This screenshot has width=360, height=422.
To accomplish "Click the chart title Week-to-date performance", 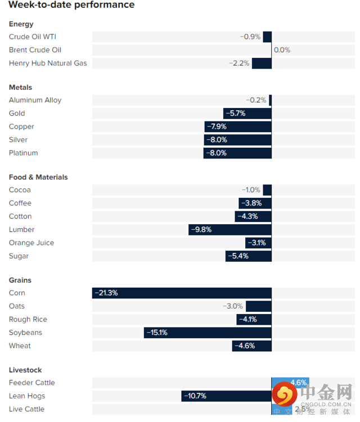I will click(71, 5).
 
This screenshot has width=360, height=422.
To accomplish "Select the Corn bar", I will click(182, 293).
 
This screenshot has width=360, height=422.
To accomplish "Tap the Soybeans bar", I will click(208, 333).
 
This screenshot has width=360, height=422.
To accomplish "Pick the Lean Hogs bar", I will click(226, 396).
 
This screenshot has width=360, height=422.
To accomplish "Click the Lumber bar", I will click(229, 229).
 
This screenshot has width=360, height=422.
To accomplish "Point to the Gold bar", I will click(247, 113).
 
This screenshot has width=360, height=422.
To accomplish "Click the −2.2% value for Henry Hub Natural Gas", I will click(239, 63).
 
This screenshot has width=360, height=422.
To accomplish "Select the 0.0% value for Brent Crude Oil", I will click(282, 50).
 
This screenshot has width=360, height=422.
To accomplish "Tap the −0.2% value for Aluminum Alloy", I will click(256, 100).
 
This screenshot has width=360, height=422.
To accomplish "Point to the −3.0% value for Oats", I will click(233, 306).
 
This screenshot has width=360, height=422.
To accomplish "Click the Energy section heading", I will click(21, 24).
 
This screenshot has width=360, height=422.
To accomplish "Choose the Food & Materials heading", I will click(38, 177).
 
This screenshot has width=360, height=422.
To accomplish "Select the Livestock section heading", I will click(25, 370).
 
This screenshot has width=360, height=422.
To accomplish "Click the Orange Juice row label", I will click(31, 243).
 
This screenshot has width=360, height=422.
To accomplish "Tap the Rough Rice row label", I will click(28, 319).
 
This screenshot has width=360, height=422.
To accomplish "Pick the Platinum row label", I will click(24, 153).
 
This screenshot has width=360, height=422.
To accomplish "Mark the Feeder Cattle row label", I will click(32, 383).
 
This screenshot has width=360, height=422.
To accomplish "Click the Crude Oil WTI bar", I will click(267, 37).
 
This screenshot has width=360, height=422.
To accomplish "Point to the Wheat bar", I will click(251, 346).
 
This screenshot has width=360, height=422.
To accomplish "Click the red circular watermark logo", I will click(285, 394).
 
